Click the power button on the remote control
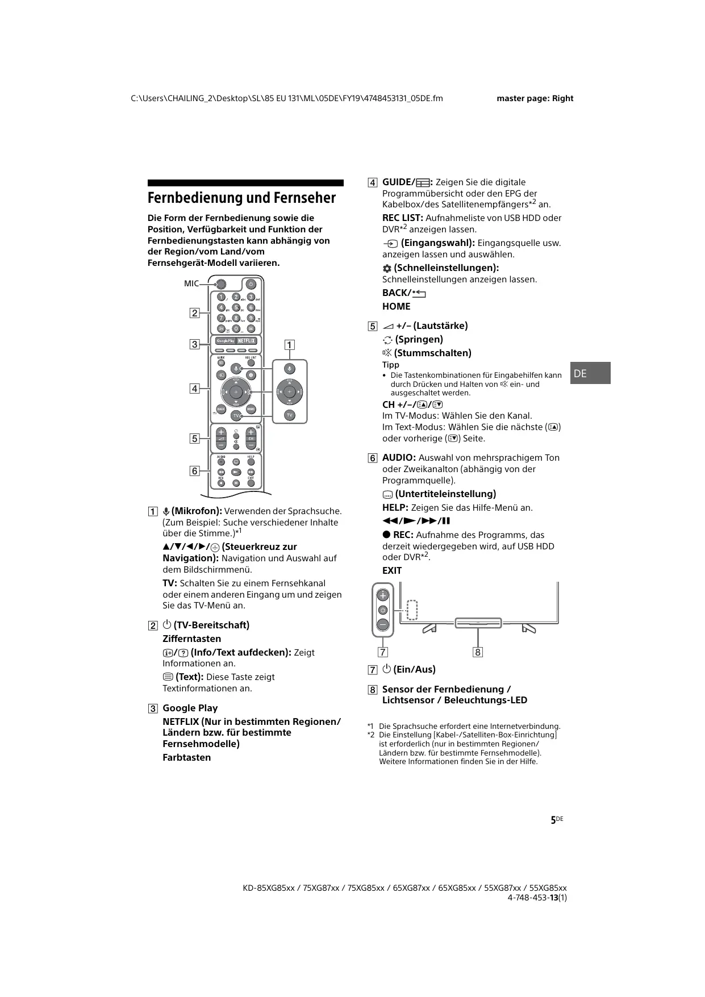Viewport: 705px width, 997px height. [x=251, y=284]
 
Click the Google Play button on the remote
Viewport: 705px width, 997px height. [x=226, y=341]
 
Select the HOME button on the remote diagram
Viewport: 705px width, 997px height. [x=251, y=410]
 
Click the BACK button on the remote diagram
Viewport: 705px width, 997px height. [x=221, y=410]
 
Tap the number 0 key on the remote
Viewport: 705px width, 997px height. [x=236, y=328]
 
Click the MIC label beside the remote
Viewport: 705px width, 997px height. [x=191, y=283]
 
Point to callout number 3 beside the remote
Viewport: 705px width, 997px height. [x=194, y=344]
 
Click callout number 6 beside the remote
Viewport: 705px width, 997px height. [x=194, y=471]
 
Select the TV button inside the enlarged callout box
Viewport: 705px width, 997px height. [x=290, y=415]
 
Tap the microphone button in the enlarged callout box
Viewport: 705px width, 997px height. [x=290, y=369]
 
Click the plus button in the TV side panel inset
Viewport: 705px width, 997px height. [x=383, y=595]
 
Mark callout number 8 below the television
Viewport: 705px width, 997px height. [x=478, y=652]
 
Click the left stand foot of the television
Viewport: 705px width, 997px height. [x=430, y=628]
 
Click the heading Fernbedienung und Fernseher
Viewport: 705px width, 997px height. [x=241, y=198]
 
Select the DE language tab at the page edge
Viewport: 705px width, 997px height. [x=590, y=373]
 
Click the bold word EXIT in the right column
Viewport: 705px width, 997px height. [x=392, y=570]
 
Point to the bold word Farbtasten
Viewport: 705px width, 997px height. [x=186, y=757]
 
